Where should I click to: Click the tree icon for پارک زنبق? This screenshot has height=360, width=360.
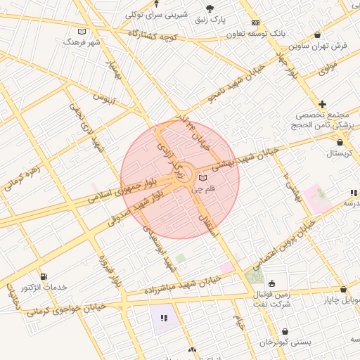coord(210,8)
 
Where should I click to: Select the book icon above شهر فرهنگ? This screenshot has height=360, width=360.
coord(82,32)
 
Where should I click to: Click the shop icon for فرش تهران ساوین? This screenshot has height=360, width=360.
coord(319,34)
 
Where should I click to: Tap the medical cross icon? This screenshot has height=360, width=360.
coord(323,103)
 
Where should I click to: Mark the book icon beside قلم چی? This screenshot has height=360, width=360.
coord(203,178)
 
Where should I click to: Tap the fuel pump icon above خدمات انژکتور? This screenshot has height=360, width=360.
coord(45,276)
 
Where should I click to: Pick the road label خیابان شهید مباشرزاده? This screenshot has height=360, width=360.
coord(181,285)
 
